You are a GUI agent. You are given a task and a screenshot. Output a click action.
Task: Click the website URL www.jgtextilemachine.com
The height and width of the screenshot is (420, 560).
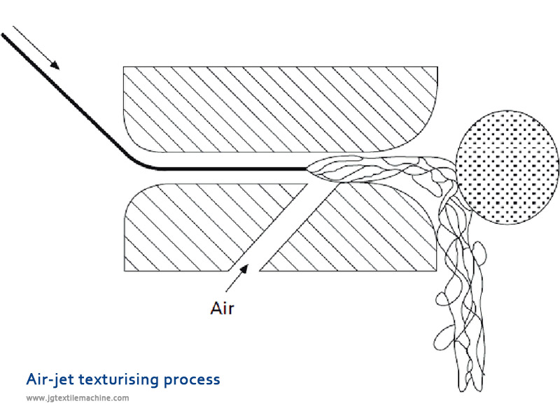78,398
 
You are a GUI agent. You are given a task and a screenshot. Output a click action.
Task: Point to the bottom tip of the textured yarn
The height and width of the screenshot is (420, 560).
468,388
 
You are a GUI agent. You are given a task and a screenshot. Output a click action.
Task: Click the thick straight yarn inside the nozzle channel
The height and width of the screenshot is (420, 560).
231,169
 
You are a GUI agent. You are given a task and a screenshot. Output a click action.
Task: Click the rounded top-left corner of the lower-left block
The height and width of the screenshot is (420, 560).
133,195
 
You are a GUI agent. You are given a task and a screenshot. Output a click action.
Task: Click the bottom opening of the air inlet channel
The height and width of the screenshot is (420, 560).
244,270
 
